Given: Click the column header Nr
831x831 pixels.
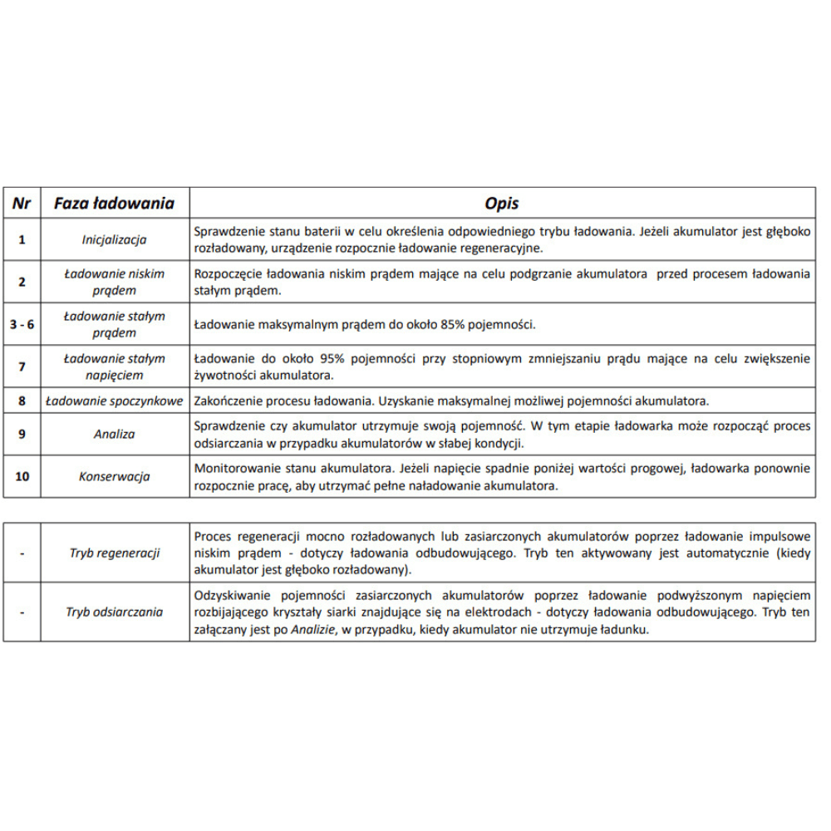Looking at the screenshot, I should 22,203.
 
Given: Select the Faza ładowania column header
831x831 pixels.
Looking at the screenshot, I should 114,203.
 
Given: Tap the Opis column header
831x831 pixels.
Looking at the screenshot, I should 502,203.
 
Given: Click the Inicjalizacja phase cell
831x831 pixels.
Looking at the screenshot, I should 114,239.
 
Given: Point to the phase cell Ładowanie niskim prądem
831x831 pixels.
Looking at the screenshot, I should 114,282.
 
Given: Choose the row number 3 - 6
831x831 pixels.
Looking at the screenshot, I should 22,324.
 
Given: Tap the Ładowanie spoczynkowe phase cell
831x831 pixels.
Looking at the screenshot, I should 114,401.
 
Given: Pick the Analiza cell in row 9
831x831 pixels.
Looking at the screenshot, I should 114,434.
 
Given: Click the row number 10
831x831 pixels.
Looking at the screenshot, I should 22,476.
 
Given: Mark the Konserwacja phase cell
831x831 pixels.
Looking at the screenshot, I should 114,476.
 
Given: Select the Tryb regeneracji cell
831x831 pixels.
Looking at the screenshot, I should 114,553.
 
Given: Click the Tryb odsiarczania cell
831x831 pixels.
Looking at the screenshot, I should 114,612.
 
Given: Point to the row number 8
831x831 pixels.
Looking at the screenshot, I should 22,401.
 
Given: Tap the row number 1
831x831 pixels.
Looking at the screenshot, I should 22,239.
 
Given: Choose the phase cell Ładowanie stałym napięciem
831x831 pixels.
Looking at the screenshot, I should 114,366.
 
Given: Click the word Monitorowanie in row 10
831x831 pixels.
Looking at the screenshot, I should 232,468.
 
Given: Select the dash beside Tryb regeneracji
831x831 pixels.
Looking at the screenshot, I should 22,553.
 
